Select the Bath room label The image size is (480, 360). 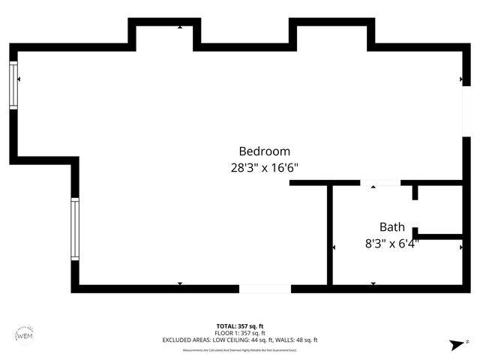click(391, 227)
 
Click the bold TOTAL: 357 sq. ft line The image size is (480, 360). click(240, 326)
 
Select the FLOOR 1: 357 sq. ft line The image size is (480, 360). click(240, 333)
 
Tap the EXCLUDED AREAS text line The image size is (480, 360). click(240, 340)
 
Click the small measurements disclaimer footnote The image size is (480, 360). click(240, 350)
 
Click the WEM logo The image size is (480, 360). click(24, 334)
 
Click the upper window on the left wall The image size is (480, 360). click(13, 85)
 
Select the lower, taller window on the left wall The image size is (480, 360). click(75, 229)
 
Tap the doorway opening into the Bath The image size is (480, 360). click(379, 182)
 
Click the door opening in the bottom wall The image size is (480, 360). click(265, 288)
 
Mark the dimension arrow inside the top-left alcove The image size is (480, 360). click(180, 27)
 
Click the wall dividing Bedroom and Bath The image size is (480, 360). click(329, 234)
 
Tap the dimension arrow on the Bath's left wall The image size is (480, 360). click(334, 246)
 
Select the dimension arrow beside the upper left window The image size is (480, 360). click(19, 79)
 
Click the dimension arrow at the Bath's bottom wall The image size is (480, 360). click(373, 283)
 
